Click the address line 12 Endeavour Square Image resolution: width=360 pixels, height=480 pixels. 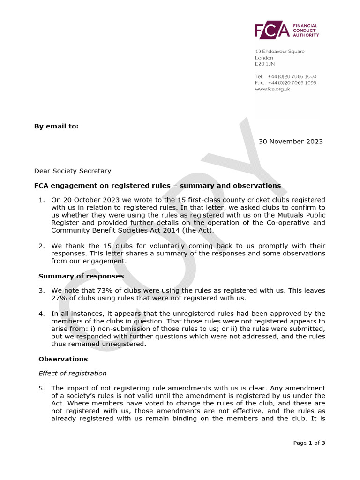279,52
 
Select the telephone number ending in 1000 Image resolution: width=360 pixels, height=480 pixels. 292,76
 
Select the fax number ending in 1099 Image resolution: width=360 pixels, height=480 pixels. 292,83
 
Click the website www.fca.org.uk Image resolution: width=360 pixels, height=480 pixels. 272,89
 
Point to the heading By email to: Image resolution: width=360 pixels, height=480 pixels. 56,126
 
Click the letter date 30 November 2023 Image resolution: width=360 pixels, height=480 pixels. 291,142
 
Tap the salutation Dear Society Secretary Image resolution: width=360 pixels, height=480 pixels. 73,171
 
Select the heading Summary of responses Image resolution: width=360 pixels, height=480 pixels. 81,276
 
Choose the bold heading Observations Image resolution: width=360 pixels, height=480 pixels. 63,359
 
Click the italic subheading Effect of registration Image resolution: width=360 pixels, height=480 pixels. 73,374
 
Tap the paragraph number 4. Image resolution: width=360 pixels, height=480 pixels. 42,314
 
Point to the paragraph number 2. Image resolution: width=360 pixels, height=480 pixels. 42,246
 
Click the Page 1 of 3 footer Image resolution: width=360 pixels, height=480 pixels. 309,443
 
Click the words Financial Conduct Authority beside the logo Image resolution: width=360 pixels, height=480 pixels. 305,30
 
